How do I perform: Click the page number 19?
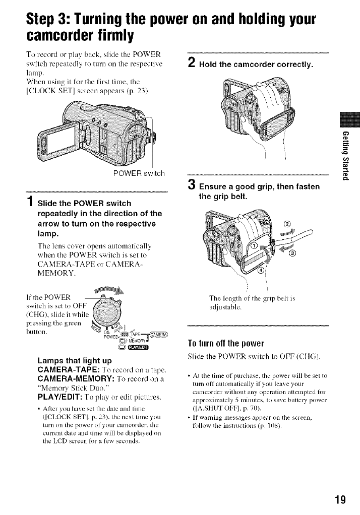point(340,500)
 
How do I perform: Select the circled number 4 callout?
point(261,272)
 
